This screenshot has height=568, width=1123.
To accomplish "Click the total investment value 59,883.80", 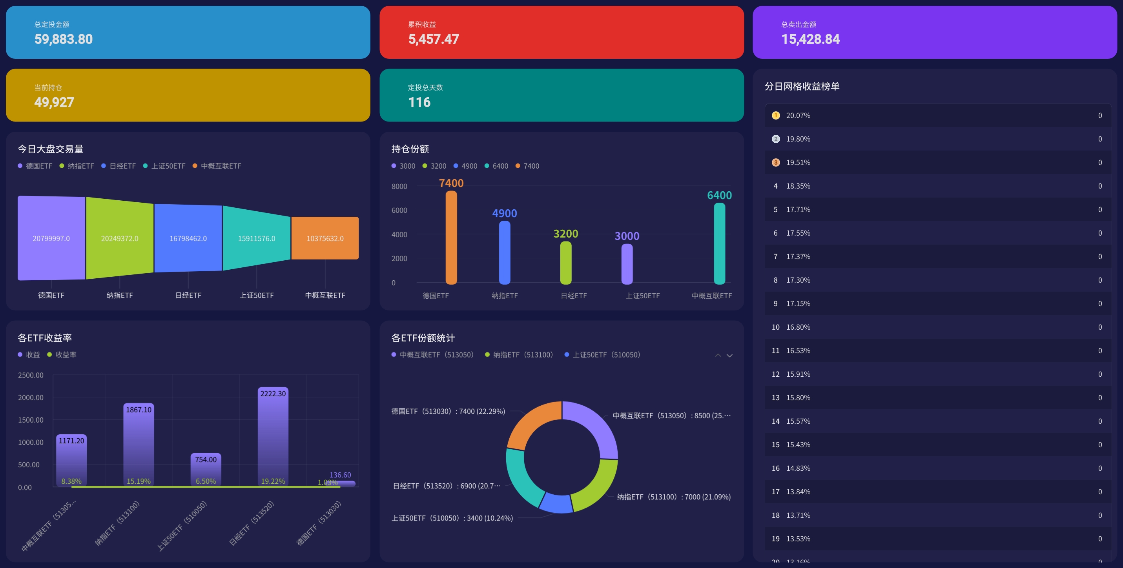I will click(64, 39).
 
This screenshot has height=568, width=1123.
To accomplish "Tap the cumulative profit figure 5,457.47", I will click(433, 39).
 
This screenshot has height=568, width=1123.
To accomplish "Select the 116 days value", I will click(419, 102).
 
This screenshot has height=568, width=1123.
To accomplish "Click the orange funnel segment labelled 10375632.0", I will click(325, 238).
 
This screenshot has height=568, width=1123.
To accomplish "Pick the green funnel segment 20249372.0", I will click(119, 238).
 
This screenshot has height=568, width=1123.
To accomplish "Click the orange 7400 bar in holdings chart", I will click(451, 238).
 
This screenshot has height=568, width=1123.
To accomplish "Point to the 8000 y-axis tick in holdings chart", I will click(399, 187).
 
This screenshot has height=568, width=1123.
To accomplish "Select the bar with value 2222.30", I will click(273, 436).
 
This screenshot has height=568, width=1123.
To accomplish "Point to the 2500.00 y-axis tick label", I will click(31, 375).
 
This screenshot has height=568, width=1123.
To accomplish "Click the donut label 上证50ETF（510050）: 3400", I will click(452, 518).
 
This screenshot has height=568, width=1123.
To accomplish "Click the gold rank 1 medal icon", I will click(776, 115).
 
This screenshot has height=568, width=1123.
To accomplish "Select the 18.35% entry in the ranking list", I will click(798, 186).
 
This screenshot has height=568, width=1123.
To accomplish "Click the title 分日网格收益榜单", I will click(802, 86).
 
